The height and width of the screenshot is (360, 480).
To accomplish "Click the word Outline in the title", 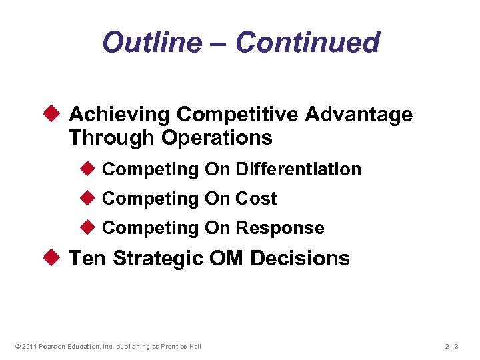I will (151, 43).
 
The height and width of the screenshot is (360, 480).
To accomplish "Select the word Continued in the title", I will (307, 43).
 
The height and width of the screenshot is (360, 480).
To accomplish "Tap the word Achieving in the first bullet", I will (120, 115).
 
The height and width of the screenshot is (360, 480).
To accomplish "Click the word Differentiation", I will (298, 169).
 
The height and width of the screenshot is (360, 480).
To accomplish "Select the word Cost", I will (256, 199).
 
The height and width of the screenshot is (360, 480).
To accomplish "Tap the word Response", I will (280, 228).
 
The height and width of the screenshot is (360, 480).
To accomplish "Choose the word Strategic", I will (158, 258).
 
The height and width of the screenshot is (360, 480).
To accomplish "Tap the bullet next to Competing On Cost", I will (90, 199).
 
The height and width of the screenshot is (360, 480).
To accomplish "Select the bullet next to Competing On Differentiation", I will (90, 169).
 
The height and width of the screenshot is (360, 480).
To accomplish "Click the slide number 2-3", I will (453, 346).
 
